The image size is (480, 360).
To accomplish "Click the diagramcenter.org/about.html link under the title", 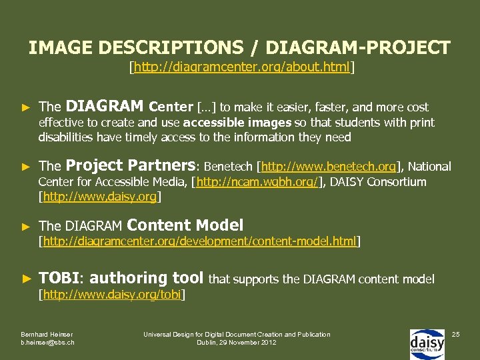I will coord(241,67).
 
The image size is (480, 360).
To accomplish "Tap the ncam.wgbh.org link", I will coord(257,182).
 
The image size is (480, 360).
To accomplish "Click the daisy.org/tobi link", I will coord(112,294).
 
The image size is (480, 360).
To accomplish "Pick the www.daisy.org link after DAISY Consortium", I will coord(100,197).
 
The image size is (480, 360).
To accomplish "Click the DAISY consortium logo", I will coord(427,343).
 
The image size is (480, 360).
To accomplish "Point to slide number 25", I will coord(457,333).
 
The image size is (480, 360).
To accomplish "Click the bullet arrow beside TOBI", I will coord(26,279).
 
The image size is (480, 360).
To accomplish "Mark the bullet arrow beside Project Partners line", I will coord(26,167).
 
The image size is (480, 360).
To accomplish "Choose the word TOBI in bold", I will coord(59,278).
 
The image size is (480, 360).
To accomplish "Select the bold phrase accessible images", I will coord(237,123).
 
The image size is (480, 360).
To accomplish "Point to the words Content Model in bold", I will coord(185,225).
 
